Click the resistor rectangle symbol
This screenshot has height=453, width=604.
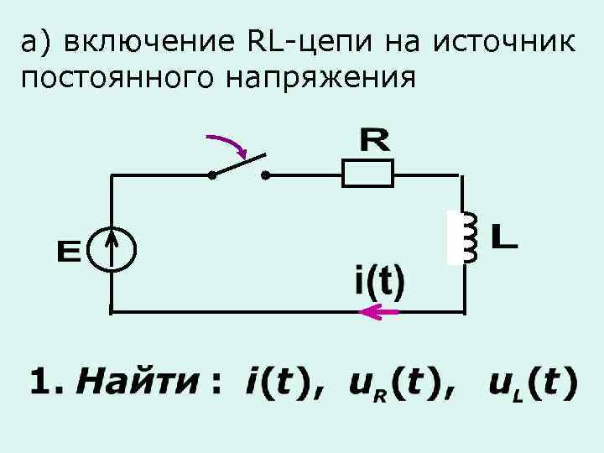click(367, 174)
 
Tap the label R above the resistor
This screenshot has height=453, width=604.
click(374, 139)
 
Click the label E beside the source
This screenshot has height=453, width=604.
click(68, 251)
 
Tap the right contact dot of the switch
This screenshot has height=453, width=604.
click(265, 176)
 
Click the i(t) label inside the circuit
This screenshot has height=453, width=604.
click(378, 281)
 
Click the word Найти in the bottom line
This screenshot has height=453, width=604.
click(138, 383)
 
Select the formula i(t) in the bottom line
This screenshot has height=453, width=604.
click(276, 383)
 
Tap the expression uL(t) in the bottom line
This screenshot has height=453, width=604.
click(533, 384)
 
